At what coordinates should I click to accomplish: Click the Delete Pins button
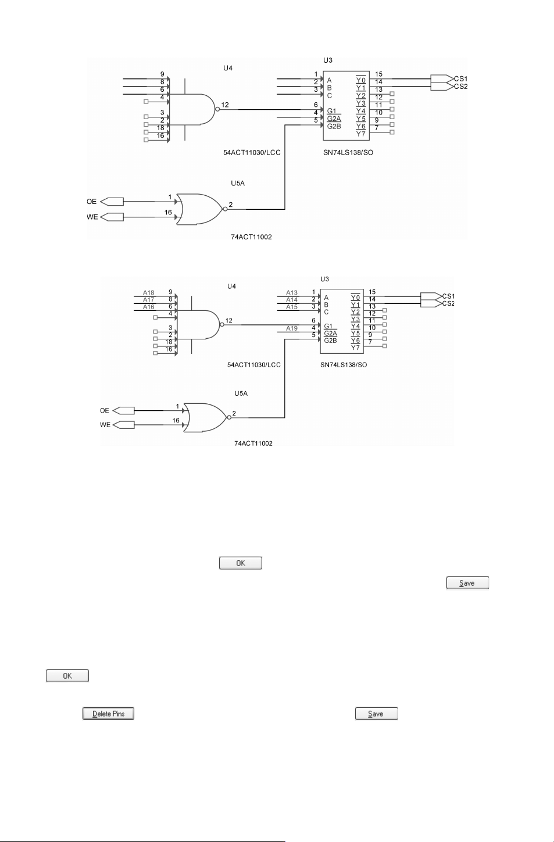pyautogui.click(x=108, y=714)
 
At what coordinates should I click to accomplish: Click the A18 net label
pyautogui.click(x=149, y=292)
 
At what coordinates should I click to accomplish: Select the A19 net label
pyautogui.click(x=291, y=328)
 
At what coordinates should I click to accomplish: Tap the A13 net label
pyautogui.click(x=291, y=292)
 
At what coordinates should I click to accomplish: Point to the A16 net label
pyautogui.click(x=149, y=307)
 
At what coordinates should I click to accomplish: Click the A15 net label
pyautogui.click(x=291, y=307)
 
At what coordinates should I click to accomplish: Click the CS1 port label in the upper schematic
pyautogui.click(x=461, y=79)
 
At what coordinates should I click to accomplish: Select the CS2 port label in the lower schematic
pyautogui.click(x=448, y=303)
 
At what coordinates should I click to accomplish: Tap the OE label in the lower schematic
pyautogui.click(x=104, y=410)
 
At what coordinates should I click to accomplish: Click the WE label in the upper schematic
pyautogui.click(x=92, y=217)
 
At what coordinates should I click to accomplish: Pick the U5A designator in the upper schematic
pyautogui.click(x=238, y=183)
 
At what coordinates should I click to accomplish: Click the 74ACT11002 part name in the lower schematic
pyautogui.click(x=253, y=443)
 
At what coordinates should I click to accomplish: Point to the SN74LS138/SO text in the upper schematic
pyautogui.click(x=348, y=152)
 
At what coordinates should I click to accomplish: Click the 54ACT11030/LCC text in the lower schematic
pyautogui.click(x=254, y=364)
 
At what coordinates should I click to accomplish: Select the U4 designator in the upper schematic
pyautogui.click(x=228, y=68)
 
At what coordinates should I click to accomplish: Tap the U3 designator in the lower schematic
pyautogui.click(x=324, y=279)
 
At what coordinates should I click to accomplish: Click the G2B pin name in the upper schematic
pyautogui.click(x=334, y=126)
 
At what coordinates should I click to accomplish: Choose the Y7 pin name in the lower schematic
pyautogui.click(x=355, y=347)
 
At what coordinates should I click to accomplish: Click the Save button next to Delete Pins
pyautogui.click(x=377, y=714)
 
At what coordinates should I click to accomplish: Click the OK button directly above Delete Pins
pyautogui.click(x=67, y=675)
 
